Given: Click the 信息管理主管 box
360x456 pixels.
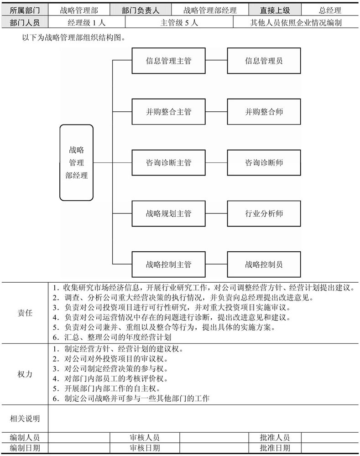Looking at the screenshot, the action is click(x=168, y=61).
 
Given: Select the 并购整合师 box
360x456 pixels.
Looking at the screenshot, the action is click(x=264, y=112).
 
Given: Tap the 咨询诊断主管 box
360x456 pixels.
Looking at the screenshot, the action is click(x=168, y=163).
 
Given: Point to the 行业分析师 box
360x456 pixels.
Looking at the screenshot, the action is click(x=264, y=213).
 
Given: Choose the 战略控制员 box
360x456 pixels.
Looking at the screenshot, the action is click(x=264, y=264).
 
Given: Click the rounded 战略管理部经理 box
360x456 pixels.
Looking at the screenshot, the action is click(x=77, y=163).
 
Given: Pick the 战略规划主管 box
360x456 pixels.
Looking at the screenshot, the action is click(x=168, y=213).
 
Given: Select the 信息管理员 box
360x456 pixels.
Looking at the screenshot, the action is click(x=264, y=61).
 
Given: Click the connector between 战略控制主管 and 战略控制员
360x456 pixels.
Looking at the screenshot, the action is click(x=216, y=264).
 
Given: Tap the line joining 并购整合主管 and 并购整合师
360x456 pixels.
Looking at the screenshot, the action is click(x=216, y=112).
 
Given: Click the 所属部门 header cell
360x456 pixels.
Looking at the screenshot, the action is click(x=25, y=10).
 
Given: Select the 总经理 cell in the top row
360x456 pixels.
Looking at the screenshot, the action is click(x=330, y=10).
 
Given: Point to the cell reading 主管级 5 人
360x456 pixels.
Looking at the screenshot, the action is click(x=179, y=22).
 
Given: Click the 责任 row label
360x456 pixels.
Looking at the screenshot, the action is click(x=25, y=313).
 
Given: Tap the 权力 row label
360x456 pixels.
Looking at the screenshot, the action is click(x=25, y=374).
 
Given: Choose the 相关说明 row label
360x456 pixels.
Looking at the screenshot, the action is click(x=25, y=419).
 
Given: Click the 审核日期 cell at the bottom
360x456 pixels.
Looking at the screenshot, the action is click(x=145, y=448).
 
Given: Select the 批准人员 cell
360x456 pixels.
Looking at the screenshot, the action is click(x=275, y=438).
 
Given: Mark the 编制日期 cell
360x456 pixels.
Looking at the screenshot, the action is click(x=25, y=448).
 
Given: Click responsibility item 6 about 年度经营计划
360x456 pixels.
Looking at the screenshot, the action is click(x=112, y=337).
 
